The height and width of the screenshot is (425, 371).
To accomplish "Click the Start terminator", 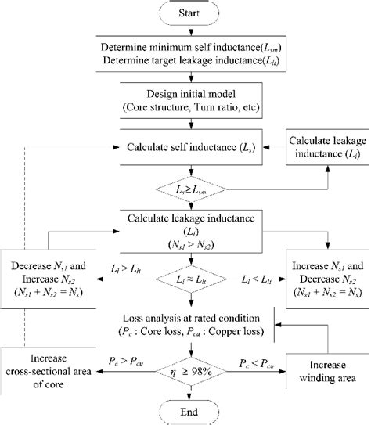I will (185, 13).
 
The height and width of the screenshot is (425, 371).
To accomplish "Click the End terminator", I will (185, 412).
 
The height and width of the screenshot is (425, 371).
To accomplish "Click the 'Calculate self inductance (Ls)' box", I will (185, 147).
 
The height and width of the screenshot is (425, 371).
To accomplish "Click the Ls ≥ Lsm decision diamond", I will (185, 189).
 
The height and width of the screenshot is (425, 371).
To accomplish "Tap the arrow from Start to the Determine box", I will (185, 31).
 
